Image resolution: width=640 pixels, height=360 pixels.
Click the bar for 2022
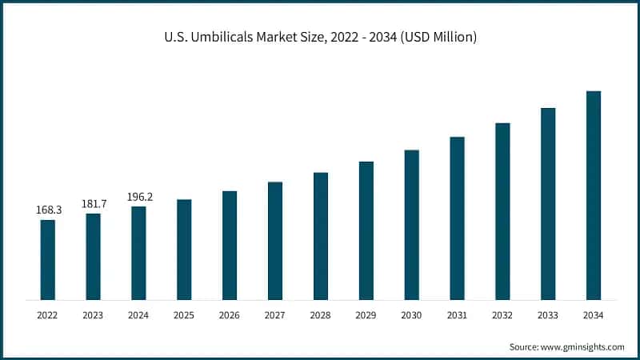pyautogui.click(x=48, y=260)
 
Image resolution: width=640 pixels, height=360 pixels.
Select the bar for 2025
pyautogui.click(x=184, y=250)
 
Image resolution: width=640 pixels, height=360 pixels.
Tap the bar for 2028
pyautogui.click(x=321, y=236)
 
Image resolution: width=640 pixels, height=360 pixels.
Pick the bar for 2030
pyautogui.click(x=412, y=225)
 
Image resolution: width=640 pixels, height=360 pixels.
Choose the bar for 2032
pyautogui.click(x=502, y=211)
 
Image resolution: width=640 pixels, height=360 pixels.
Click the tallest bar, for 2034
pyautogui.click(x=594, y=195)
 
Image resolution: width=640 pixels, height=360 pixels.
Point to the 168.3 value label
pyautogui.click(x=48, y=210)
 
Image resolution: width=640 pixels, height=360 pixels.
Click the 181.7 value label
pyautogui.click(x=94, y=203)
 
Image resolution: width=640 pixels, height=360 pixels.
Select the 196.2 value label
pyautogui.click(x=139, y=196)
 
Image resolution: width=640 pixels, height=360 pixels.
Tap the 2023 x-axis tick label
pyautogui.click(x=94, y=316)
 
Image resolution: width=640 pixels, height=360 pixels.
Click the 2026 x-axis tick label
pyautogui.click(x=230, y=316)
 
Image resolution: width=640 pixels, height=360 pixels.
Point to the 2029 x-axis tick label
pyautogui.click(x=366, y=316)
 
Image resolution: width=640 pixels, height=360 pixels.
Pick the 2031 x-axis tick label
pyautogui.click(x=457, y=316)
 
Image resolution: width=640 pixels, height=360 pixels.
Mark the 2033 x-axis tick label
pyautogui.click(x=548, y=316)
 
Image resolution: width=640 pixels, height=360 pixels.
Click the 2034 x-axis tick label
pyautogui.click(x=594, y=316)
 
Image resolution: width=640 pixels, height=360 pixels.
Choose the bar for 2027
pyautogui.click(x=275, y=241)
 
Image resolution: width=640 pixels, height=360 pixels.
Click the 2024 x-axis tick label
pyautogui.click(x=139, y=316)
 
